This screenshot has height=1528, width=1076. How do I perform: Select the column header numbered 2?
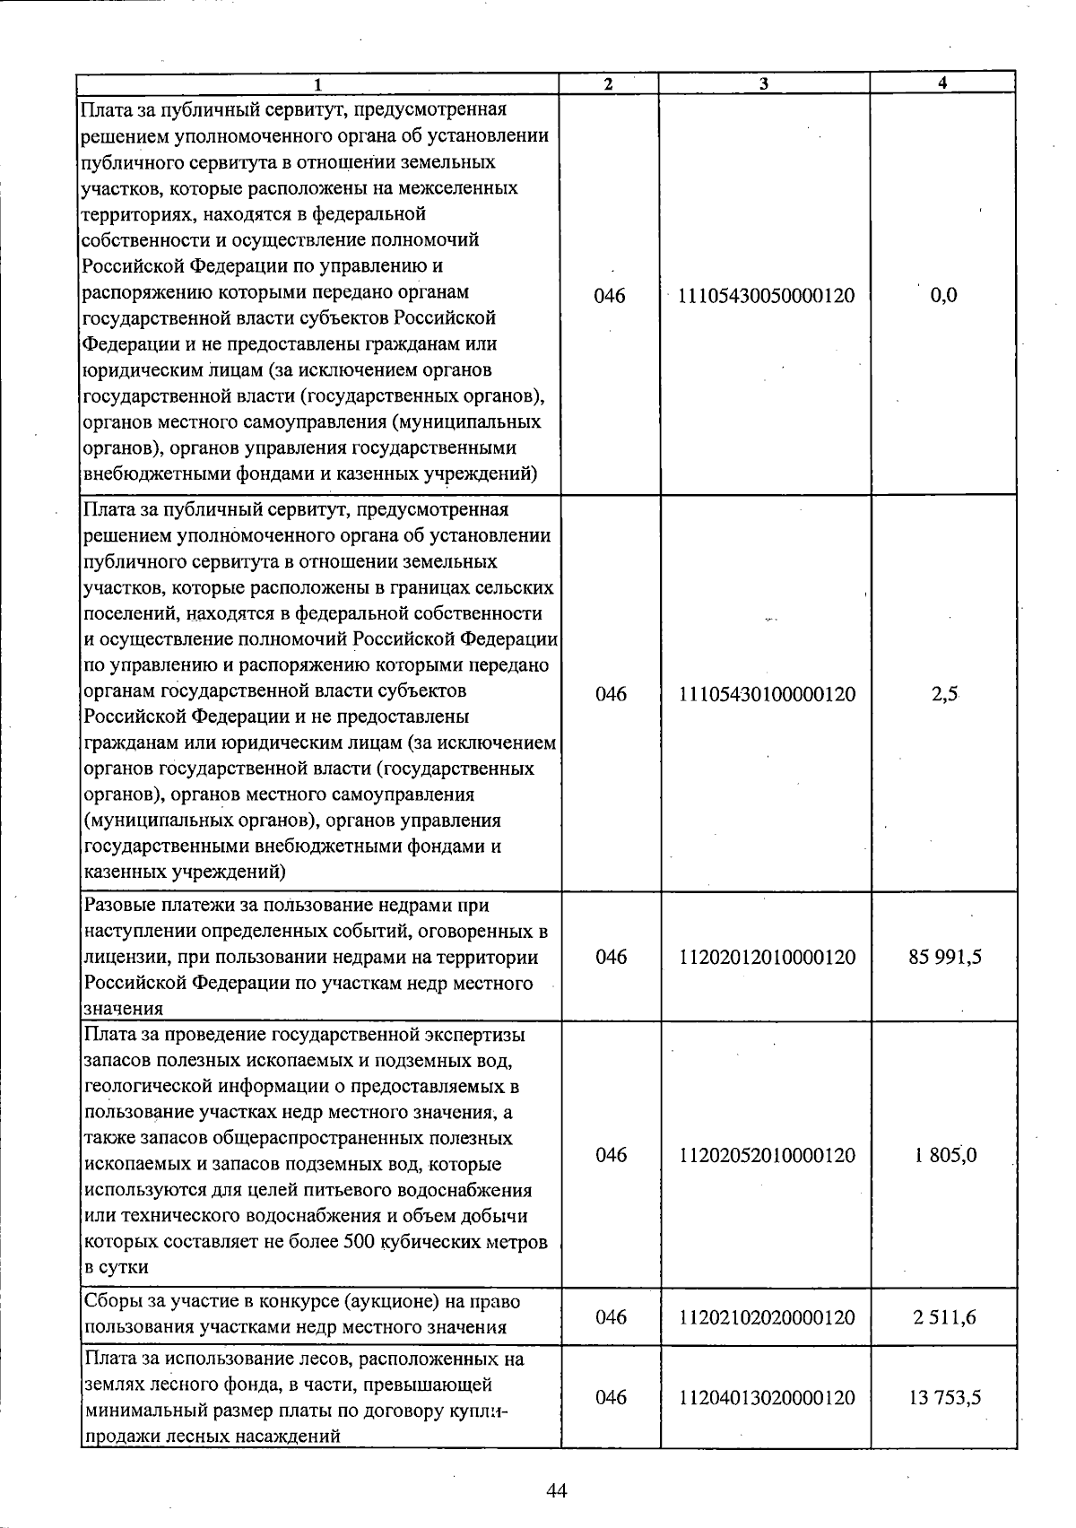(x=609, y=83)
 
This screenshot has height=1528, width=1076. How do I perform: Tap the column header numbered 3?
(x=764, y=83)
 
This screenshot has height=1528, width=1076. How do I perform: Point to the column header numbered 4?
(x=942, y=82)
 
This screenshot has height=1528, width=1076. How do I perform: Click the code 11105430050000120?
(x=767, y=296)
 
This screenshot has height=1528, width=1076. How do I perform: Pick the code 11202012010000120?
(x=768, y=958)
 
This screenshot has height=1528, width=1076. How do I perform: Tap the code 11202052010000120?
(x=768, y=1155)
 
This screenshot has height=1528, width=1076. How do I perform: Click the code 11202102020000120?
(x=768, y=1317)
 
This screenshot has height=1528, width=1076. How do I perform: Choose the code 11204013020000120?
(x=768, y=1397)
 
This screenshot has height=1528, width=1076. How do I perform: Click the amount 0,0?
(x=944, y=296)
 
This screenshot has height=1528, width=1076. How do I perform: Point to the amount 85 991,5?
(x=945, y=958)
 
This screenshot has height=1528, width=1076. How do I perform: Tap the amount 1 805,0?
(x=945, y=1155)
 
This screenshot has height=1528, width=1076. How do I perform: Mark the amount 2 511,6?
(x=945, y=1317)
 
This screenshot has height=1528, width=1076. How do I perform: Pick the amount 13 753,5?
(x=945, y=1397)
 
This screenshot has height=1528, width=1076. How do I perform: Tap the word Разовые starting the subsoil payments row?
(x=121, y=906)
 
